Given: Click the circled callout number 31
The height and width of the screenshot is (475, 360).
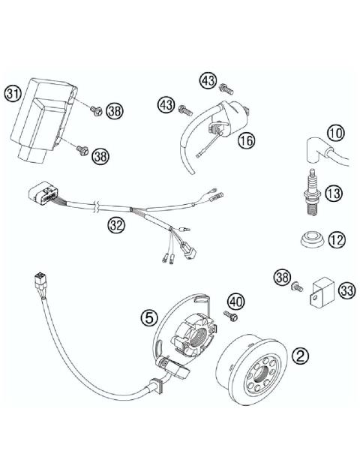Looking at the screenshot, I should click(x=12, y=94).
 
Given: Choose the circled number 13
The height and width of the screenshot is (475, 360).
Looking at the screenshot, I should click(x=334, y=194).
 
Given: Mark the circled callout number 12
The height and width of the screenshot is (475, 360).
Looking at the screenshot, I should click(x=337, y=240).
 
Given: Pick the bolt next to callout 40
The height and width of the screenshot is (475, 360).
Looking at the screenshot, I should click(x=231, y=316).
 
